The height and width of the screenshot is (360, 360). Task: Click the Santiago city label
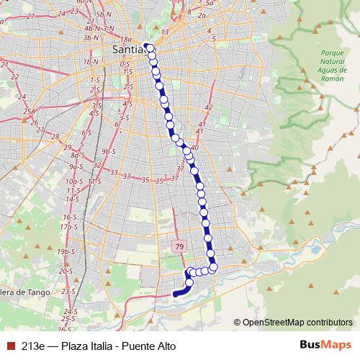[x=128, y=49]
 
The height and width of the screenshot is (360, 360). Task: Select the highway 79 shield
[x=179, y=246]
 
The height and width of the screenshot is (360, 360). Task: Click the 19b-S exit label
[x=66, y=251]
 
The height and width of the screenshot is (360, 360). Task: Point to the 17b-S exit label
[x=69, y=227]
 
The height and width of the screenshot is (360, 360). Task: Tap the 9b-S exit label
[x=109, y=152]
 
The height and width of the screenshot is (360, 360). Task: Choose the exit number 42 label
[x=209, y=107]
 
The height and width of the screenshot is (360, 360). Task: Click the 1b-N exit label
[x=91, y=62]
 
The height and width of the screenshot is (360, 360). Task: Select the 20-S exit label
[x=66, y=271]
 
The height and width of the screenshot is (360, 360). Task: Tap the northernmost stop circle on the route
[x=149, y=48]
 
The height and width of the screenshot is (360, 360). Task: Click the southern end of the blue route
[x=174, y=294]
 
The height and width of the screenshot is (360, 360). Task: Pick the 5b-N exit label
[x=104, y=14]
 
